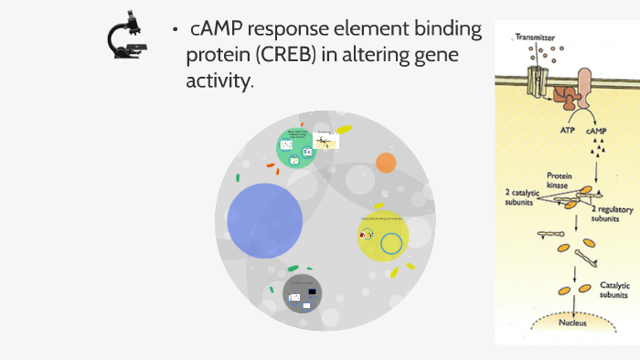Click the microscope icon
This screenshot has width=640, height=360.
128,37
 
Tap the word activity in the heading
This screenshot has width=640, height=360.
218,81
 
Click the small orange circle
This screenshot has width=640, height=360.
386,163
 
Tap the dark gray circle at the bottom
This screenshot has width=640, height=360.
303,292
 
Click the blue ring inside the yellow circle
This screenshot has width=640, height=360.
391,244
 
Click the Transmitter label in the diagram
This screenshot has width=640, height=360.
535,37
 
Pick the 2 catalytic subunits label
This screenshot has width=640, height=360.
526,198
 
